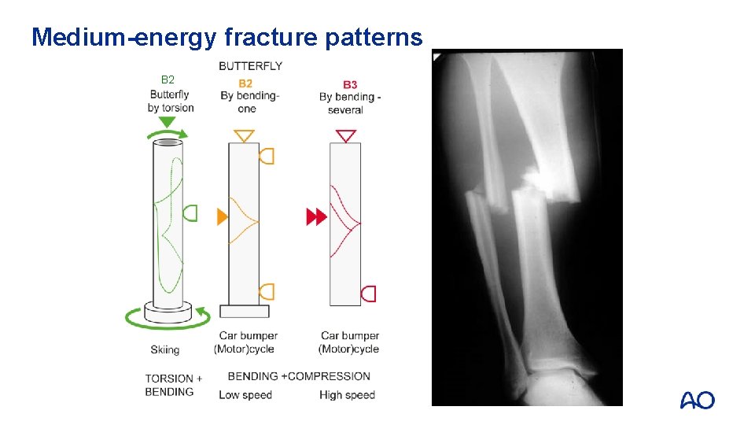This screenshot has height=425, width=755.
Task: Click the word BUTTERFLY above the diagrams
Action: coord(250,66)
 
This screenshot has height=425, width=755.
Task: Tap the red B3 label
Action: coord(350,84)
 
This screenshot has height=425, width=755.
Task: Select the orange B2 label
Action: coord(245,83)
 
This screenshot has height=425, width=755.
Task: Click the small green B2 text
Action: coord(168,79)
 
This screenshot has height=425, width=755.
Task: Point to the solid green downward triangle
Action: coord(167,123)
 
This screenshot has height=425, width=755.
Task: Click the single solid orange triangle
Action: coord(223,216)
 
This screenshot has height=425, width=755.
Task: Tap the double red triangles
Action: coord(316,216)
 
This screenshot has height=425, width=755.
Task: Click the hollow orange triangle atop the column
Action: coord(245,135)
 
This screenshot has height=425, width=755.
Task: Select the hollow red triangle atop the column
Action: coord(346,136)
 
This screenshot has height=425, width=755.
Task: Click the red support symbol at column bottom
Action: coord(368,294)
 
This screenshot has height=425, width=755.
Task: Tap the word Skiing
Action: coord(165,349)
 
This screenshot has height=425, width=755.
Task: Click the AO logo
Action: coord(697,401)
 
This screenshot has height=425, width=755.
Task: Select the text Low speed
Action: coord(245,395)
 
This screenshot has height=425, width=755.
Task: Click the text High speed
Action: coord(347,395)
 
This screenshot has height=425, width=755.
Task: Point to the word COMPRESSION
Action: coord(330,376)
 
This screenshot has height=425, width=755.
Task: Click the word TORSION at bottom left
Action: coord(168,379)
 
